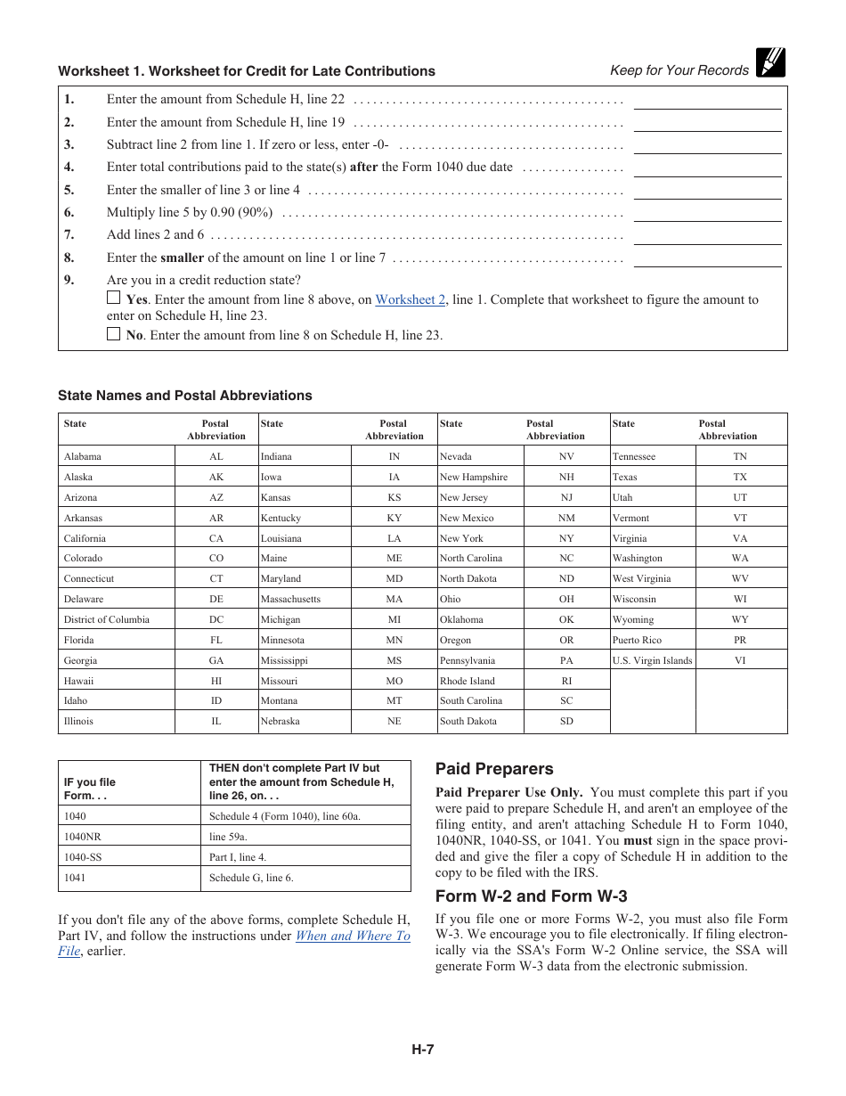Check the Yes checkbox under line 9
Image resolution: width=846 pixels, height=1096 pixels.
(113, 299)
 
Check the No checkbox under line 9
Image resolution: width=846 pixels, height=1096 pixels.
(113, 334)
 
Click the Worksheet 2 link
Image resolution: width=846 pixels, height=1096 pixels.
(410, 300)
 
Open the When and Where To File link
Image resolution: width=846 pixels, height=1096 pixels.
(353, 936)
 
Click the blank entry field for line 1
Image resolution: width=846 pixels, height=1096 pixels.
(707, 101)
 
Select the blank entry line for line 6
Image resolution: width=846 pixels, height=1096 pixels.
(707, 213)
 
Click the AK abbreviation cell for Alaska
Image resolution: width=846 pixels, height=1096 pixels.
(216, 477)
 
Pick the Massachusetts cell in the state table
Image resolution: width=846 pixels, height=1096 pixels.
(290, 600)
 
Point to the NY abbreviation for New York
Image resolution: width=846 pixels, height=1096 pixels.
(566, 538)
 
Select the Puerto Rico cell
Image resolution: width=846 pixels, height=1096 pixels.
(637, 640)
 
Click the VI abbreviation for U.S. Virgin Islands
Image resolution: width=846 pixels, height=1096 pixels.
(740, 660)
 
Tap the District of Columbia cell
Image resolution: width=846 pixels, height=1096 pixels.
(107, 620)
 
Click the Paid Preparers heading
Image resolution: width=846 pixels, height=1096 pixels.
(494, 769)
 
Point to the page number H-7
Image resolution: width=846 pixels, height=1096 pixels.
(422, 1050)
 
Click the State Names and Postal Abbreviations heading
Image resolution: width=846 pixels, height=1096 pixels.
(185, 396)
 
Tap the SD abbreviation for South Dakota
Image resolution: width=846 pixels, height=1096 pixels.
(566, 722)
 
